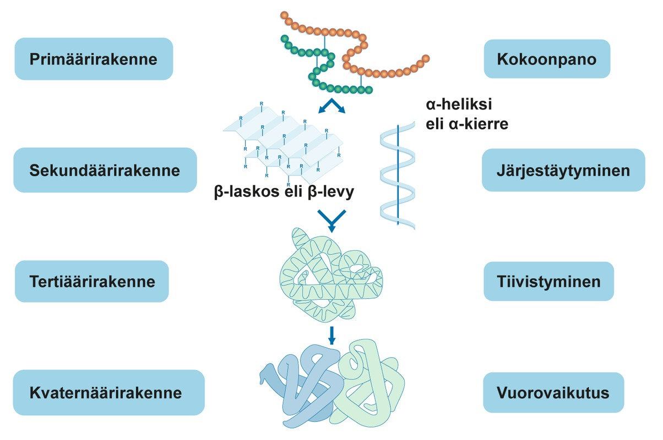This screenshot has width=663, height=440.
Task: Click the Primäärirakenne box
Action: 94,59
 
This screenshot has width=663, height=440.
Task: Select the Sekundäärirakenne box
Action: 105,170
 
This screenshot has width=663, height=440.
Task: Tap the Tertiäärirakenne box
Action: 91,282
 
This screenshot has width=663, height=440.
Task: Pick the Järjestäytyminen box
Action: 563,170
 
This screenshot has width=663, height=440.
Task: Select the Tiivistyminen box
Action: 548,282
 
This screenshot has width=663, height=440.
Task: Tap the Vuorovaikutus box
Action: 553,393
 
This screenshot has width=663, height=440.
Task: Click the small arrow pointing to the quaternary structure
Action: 331,336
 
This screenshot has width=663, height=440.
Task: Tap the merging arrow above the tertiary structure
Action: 331,220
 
